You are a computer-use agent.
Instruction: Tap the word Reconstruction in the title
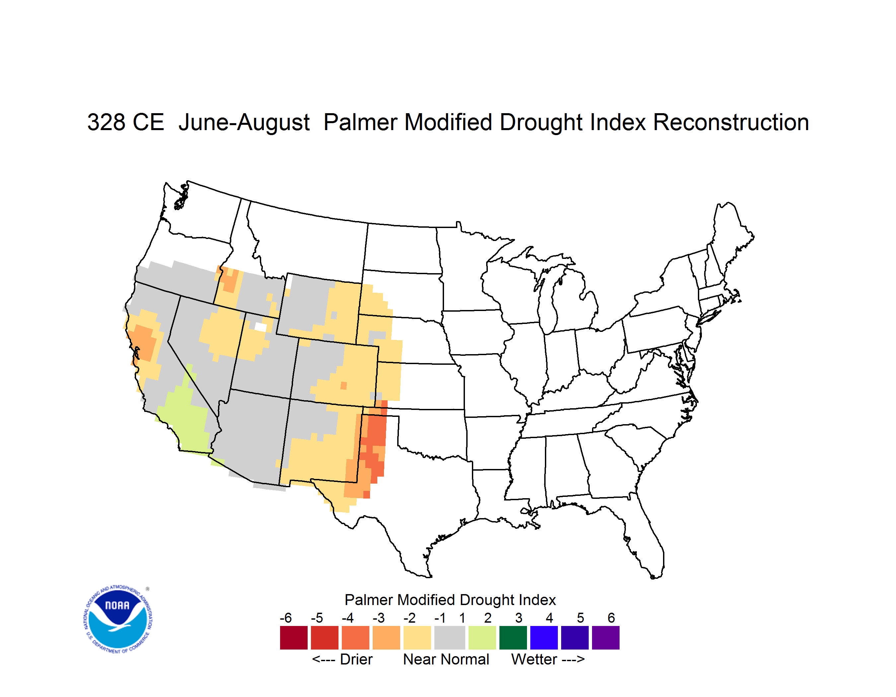pos(731,122)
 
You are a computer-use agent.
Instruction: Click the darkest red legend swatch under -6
pos(294,638)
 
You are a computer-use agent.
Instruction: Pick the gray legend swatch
pos(450,638)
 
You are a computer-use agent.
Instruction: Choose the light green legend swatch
pos(482,638)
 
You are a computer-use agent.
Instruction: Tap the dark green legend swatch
pos(513,638)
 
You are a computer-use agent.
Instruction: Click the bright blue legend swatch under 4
pos(544,638)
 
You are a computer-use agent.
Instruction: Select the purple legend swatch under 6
pos(606,638)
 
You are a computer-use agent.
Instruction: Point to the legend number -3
pos(379,618)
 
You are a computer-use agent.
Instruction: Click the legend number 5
pos(580,618)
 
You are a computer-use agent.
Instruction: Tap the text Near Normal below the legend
pos(446,659)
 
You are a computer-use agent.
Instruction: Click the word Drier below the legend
pos(356,659)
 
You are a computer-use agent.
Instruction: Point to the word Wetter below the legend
pos(534,659)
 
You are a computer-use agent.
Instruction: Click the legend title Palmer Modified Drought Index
pos(450,600)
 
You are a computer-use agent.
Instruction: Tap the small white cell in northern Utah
pos(261,327)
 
